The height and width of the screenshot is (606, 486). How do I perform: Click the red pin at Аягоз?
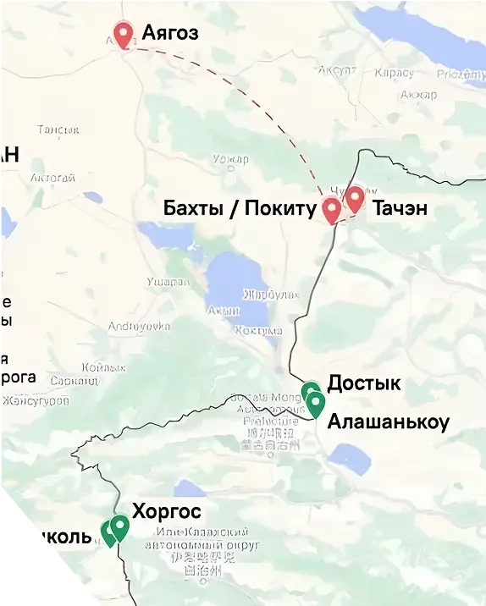(125, 35)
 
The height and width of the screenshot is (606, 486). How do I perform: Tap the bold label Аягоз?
(170, 34)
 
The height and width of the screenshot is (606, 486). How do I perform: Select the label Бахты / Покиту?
(239, 208)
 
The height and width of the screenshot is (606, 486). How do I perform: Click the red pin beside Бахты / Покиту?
(332, 208)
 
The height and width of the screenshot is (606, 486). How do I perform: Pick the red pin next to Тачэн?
(355, 198)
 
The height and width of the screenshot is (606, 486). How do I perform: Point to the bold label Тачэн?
(400, 208)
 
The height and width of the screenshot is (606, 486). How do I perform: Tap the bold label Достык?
(363, 383)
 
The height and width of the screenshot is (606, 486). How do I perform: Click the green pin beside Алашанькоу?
(316, 404)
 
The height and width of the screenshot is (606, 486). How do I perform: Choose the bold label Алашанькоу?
(388, 421)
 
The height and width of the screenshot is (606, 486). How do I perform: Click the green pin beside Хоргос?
(120, 526)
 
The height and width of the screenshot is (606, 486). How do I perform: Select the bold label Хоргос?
(167, 511)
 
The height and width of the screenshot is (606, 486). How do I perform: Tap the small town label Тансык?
(58, 129)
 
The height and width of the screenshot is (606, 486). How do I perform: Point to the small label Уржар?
(231, 158)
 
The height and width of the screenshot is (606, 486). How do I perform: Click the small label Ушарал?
(168, 281)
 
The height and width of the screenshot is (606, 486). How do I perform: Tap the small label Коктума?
(257, 330)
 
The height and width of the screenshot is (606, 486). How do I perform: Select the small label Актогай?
(52, 178)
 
